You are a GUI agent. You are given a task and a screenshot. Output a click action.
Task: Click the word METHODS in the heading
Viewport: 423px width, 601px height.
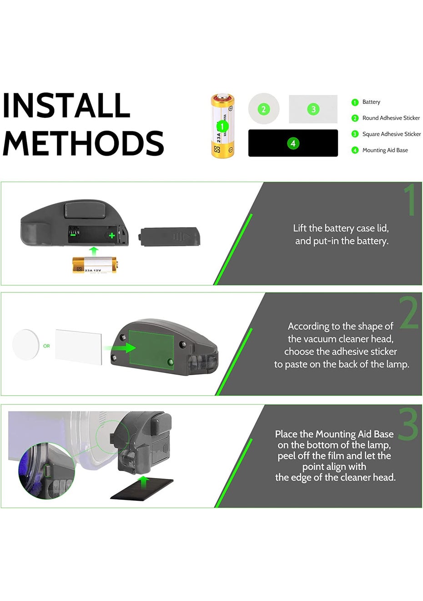[83, 143]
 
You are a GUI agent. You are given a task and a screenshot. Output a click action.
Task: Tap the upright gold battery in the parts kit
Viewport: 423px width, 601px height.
[222, 126]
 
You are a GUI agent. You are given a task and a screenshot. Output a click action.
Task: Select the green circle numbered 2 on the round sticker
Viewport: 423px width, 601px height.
[263, 109]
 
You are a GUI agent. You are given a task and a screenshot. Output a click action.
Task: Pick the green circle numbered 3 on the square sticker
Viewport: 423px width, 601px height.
[313, 109]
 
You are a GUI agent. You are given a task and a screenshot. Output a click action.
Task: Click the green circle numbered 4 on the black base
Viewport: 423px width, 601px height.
[293, 143]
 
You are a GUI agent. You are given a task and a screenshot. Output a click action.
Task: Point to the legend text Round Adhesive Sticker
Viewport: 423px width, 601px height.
[391, 118]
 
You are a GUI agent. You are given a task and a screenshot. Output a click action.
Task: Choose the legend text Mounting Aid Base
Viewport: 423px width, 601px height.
[385, 150]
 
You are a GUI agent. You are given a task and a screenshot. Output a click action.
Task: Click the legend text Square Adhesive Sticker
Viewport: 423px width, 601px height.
[392, 134]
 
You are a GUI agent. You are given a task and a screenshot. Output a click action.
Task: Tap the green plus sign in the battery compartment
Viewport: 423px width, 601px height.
[112, 235]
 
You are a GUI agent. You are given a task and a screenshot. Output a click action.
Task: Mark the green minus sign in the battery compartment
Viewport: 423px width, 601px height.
[73, 234]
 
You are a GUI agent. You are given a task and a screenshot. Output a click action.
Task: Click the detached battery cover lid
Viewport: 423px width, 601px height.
[169, 237]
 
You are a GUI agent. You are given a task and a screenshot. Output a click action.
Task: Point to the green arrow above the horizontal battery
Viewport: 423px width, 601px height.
[94, 252]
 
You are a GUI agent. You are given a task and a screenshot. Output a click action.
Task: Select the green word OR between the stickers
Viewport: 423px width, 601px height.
[46, 346]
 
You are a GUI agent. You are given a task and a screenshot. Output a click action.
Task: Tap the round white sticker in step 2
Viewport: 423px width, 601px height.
[25, 345]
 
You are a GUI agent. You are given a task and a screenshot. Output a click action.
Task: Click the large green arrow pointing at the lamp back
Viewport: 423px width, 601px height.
[121, 348]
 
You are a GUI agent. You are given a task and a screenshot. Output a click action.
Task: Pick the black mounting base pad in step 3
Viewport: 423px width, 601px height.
[142, 489]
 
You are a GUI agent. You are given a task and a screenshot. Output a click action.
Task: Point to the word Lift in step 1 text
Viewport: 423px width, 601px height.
[300, 228]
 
